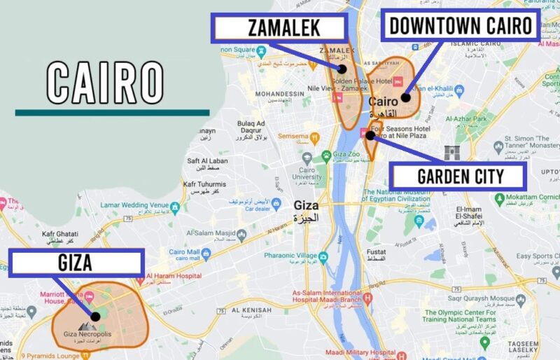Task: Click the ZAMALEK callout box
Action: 279,28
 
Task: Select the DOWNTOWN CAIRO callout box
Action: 460,26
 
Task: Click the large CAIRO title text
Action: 105,83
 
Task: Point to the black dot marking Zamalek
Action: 342,69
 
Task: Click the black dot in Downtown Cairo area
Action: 405,97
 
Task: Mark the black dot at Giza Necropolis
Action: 95,316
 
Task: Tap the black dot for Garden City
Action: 370,134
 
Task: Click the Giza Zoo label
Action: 345,155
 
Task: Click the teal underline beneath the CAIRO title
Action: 112,112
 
